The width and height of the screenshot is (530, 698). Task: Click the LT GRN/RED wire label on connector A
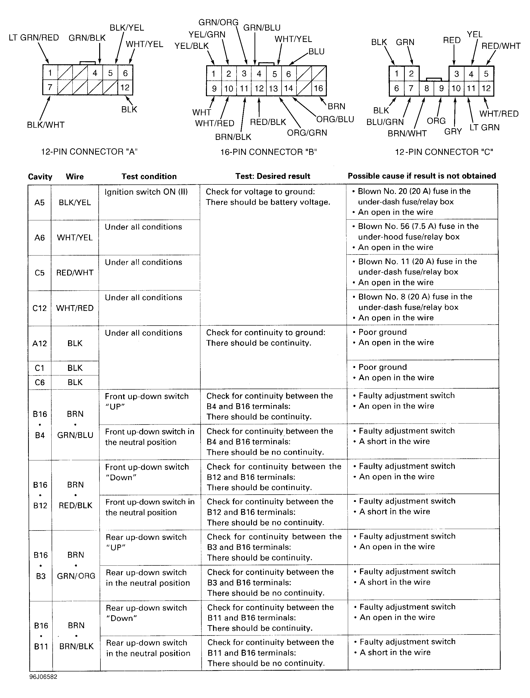pyautogui.click(x=34, y=38)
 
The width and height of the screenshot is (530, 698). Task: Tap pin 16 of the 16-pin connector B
pyautogui.click(x=318, y=88)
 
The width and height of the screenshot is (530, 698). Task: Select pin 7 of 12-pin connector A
pyautogui.click(x=50, y=87)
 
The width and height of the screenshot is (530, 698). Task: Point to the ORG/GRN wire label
pyautogui.click(x=307, y=133)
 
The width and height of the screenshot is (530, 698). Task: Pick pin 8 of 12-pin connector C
pyautogui.click(x=426, y=88)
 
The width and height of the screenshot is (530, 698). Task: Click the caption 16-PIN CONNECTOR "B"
pyautogui.click(x=268, y=152)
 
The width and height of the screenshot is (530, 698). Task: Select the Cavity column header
pyautogui.click(x=40, y=177)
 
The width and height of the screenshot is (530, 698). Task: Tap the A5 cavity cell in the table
pyautogui.click(x=39, y=203)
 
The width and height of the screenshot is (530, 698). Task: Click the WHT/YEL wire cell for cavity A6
pyautogui.click(x=75, y=238)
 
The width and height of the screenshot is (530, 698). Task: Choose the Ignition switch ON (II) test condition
pyautogui.click(x=146, y=192)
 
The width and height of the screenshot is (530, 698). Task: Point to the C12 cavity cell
pyautogui.click(x=39, y=308)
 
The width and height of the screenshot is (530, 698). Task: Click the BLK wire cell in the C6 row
pyautogui.click(x=75, y=383)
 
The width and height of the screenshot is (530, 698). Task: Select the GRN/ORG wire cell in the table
pyautogui.click(x=76, y=576)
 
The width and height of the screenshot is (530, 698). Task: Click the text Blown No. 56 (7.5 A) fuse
pyautogui.click(x=418, y=226)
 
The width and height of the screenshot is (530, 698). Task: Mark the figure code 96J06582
pyautogui.click(x=44, y=677)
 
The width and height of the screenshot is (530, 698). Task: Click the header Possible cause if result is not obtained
pyautogui.click(x=422, y=176)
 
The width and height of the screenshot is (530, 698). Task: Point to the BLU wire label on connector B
pyautogui.click(x=316, y=51)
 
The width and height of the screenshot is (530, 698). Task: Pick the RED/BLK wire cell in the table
pyautogui.click(x=75, y=505)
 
